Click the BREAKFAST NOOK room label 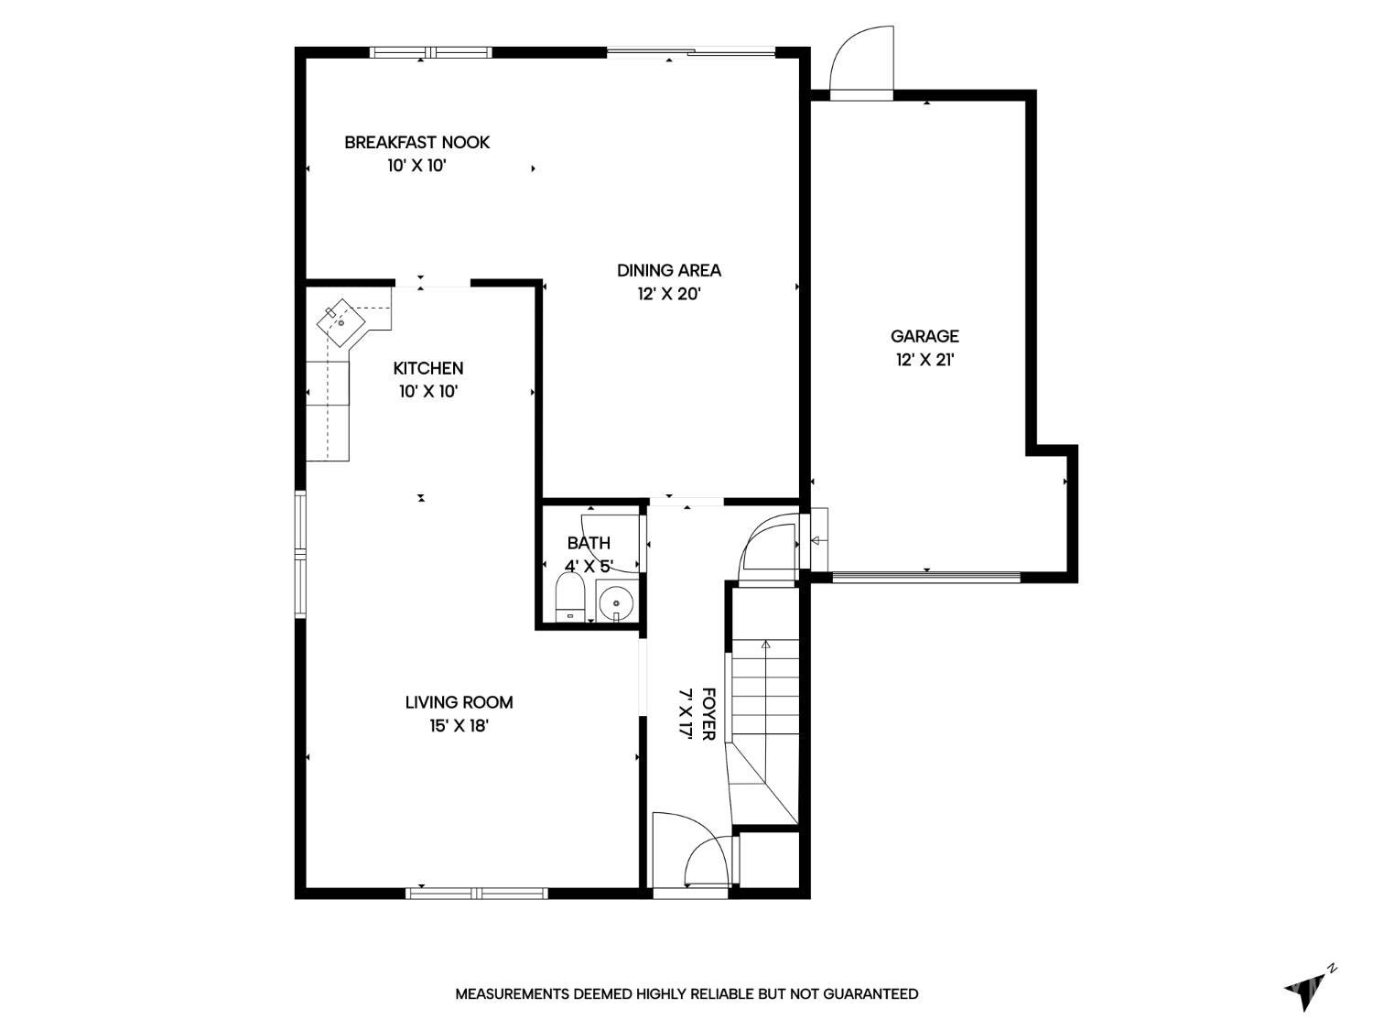tap(416, 143)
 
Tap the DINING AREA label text tap(669, 270)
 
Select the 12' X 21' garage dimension tap(924, 360)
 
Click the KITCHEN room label tap(427, 368)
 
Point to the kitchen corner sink tap(341, 322)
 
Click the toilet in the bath tap(569, 599)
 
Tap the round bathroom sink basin tap(617, 602)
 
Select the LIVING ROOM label tap(459, 702)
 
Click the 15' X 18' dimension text tap(459, 725)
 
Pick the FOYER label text tap(708, 714)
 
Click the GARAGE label tap(924, 336)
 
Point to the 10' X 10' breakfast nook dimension tap(416, 166)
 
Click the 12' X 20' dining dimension tap(669, 293)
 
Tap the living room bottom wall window tap(477, 893)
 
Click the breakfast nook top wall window tap(430, 52)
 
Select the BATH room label tap(589, 543)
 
